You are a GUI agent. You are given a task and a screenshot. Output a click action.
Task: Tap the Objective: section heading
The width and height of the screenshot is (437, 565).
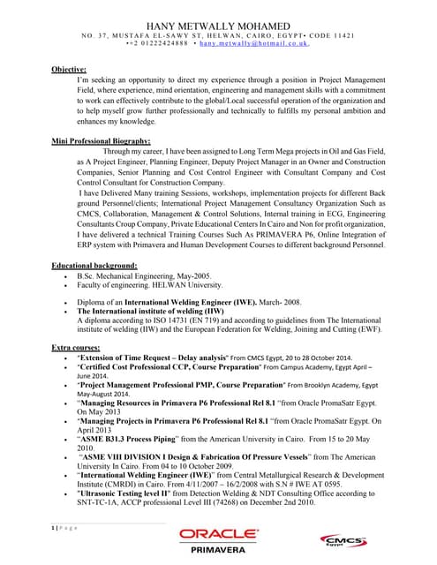click(x=68, y=68)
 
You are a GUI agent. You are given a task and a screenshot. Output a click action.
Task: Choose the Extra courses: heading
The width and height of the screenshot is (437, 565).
click(x=74, y=348)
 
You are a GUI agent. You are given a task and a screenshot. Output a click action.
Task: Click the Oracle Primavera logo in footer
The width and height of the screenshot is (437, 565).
click(x=218, y=538)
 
